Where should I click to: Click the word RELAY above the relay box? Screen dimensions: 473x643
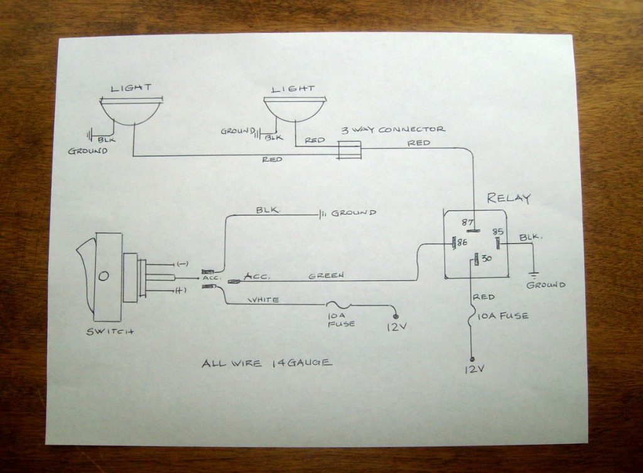[x=509, y=198]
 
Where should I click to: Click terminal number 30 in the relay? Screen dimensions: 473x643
[x=487, y=256]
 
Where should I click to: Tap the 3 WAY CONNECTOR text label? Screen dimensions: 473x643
[x=393, y=129]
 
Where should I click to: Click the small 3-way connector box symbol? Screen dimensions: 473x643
[x=350, y=150]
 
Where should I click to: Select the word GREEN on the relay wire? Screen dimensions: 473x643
[x=326, y=275]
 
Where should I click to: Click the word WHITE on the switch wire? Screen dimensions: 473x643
[x=264, y=300]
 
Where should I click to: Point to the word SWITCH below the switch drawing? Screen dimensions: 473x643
[x=110, y=331]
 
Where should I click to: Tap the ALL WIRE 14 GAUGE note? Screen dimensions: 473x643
[x=267, y=363]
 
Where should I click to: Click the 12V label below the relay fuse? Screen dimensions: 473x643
[x=473, y=369]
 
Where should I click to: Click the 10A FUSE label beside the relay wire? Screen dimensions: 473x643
[x=503, y=315]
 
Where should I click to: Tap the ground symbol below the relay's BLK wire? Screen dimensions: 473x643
[x=534, y=275]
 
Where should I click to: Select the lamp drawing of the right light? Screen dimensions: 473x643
[x=295, y=109]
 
